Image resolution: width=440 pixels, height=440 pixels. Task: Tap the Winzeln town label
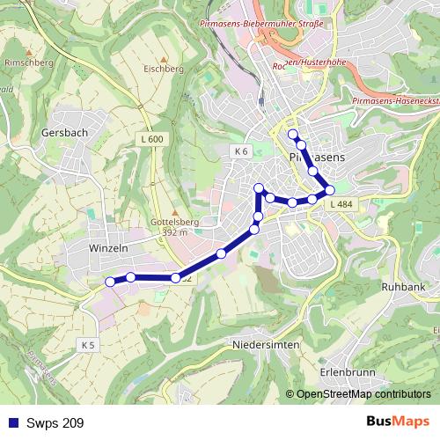pyautogui.click(x=109, y=249)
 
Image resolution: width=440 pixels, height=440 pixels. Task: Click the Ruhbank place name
pyautogui.click(x=404, y=287)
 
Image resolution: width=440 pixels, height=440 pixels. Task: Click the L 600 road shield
pyautogui.click(x=151, y=139)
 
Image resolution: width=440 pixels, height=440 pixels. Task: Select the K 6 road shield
pyautogui.click(x=241, y=151)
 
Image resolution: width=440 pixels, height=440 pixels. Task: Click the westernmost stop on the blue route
pyautogui.click(x=110, y=282)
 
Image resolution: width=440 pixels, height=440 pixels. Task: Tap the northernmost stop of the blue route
pyautogui.click(x=293, y=134)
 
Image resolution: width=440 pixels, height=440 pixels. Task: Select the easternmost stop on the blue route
pyautogui.click(x=330, y=189)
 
